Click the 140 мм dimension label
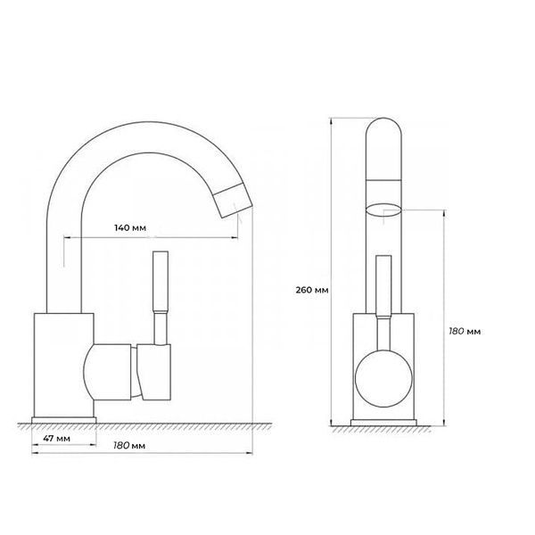(x=130, y=227)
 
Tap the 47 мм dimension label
(x=57, y=438)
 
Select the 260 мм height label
(x=312, y=290)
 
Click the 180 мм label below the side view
(x=129, y=446)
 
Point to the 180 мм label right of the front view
(x=465, y=331)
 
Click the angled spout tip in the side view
(x=234, y=201)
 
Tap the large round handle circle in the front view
(x=383, y=378)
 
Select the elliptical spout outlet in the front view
(x=383, y=210)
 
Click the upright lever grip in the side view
(x=160, y=281)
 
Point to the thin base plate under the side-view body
(x=64, y=420)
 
